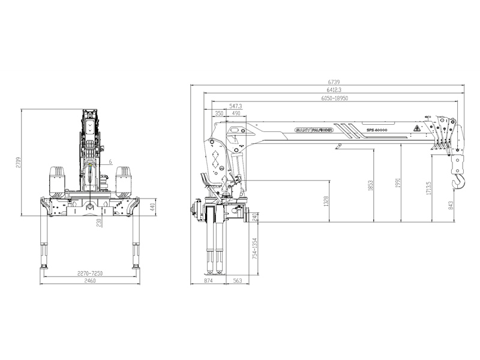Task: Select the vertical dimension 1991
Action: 397,183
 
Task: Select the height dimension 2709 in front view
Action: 19,162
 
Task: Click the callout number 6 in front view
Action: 111,161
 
